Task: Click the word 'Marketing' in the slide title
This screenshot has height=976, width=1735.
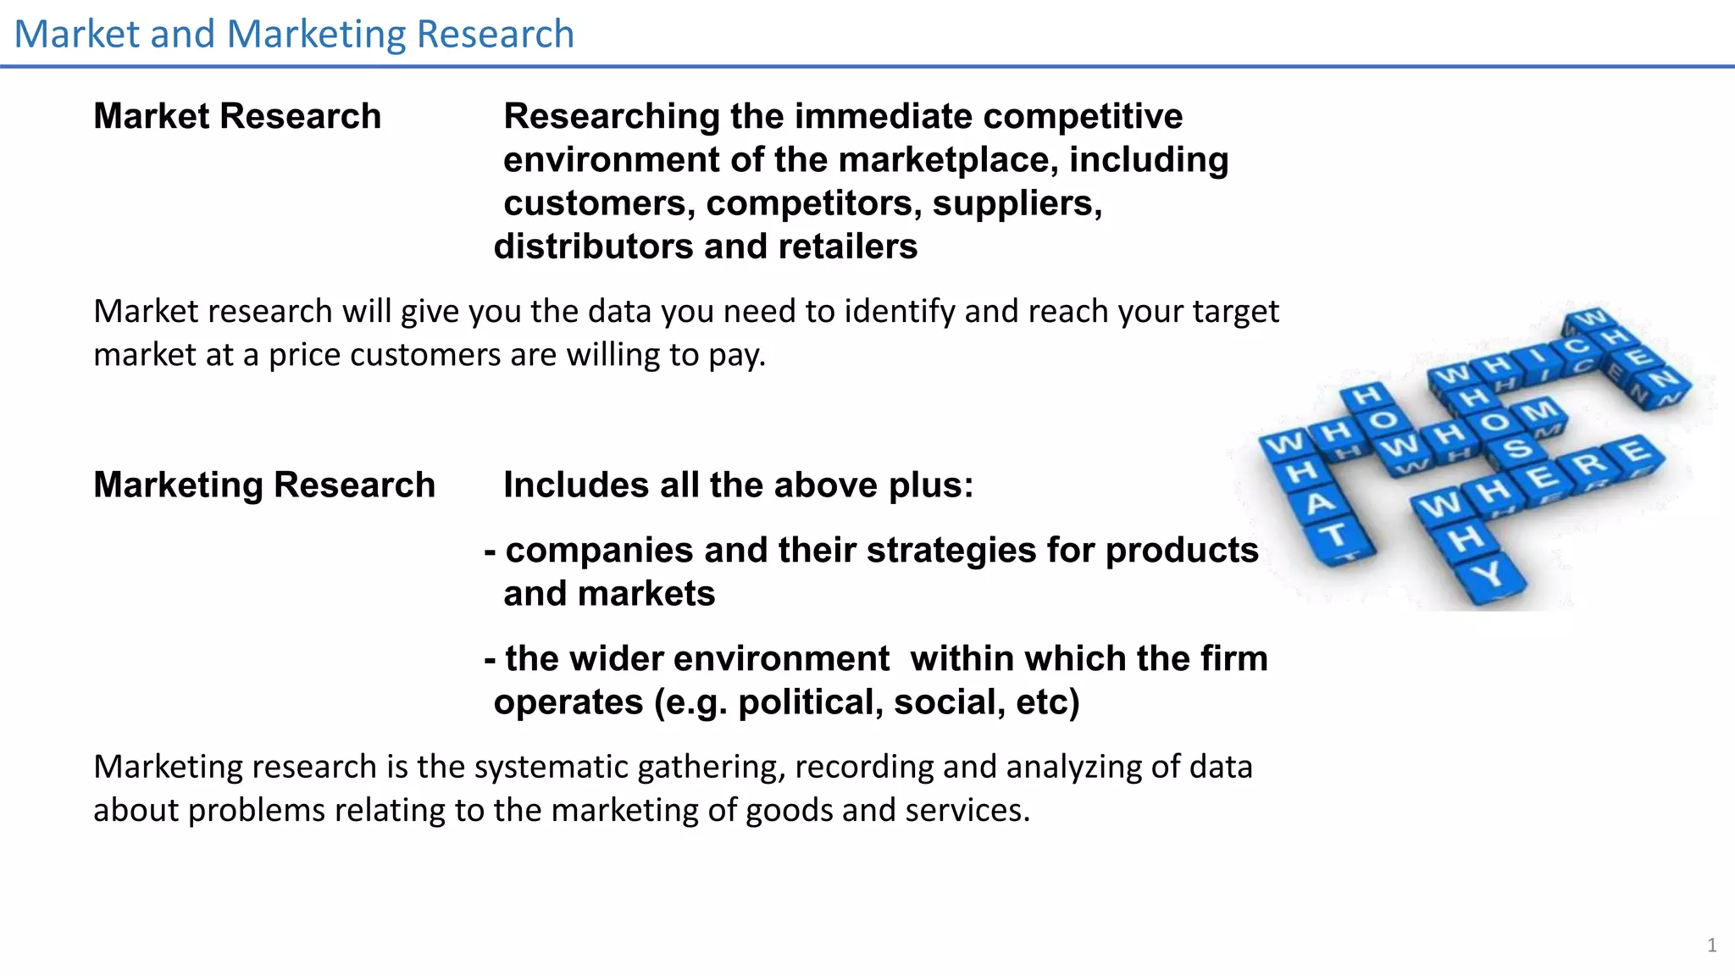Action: [x=316, y=35]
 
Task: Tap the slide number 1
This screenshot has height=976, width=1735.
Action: [x=1711, y=945]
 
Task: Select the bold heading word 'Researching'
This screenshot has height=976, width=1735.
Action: [x=611, y=116]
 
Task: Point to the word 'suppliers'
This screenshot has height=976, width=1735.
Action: [x=1017, y=203]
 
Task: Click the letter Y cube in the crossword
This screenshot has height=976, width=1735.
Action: [x=1488, y=575]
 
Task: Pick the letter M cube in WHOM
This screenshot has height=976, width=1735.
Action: [x=1537, y=413]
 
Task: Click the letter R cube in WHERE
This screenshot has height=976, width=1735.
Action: [x=1590, y=463]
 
